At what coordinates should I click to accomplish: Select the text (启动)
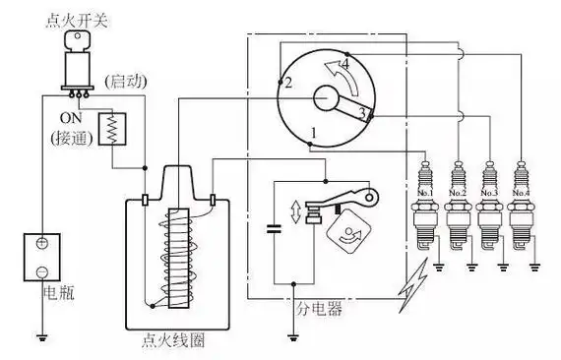126,78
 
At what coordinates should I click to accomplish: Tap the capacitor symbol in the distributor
274,232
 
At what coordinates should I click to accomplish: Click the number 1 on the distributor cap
313,131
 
